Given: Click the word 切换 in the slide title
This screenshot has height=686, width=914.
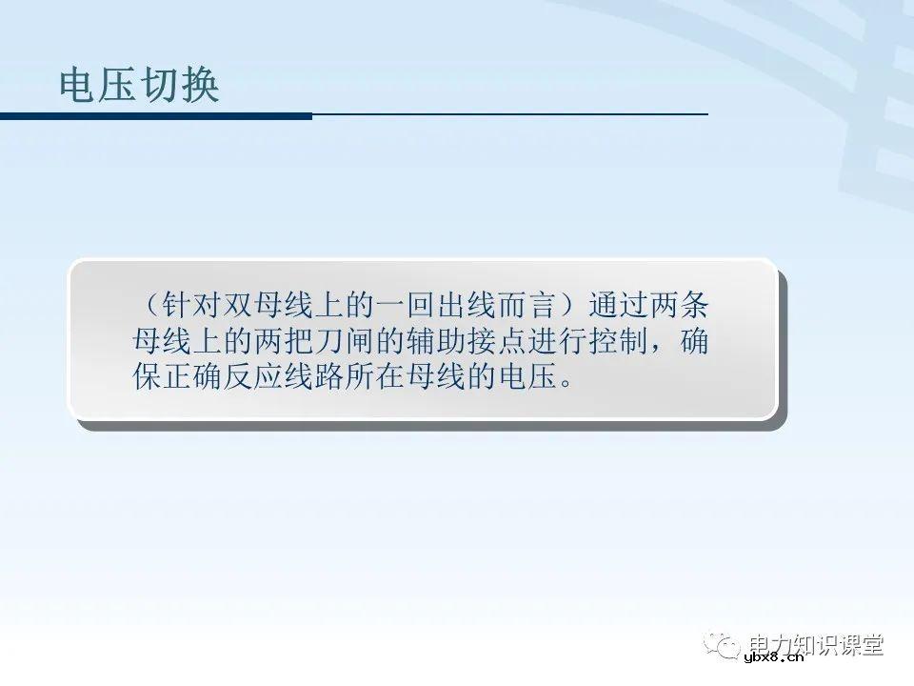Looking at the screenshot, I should (180, 87).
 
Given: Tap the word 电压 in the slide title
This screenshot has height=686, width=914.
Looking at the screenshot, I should (99, 87).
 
